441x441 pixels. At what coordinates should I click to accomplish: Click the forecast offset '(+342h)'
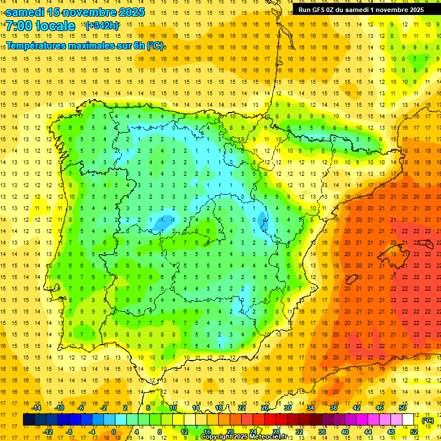[x=102, y=25]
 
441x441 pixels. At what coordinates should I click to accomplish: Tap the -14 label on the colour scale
[x=37, y=408]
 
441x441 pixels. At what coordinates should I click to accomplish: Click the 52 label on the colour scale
[x=414, y=432]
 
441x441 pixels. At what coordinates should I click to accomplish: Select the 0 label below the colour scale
[x=114, y=432]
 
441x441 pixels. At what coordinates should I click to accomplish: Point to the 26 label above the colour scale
[x=265, y=408]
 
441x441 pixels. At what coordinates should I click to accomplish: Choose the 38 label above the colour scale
[x=333, y=408]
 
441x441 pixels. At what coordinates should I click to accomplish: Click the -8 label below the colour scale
[x=70, y=432]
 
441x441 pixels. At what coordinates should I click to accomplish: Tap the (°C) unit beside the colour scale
[x=428, y=420]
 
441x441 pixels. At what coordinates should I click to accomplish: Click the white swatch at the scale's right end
[x=408, y=420]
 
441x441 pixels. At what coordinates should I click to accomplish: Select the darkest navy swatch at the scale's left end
[x=29, y=420]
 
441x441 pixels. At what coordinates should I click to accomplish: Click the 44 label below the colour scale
[x=368, y=432]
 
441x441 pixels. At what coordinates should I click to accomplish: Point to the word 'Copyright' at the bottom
[x=216, y=437]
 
